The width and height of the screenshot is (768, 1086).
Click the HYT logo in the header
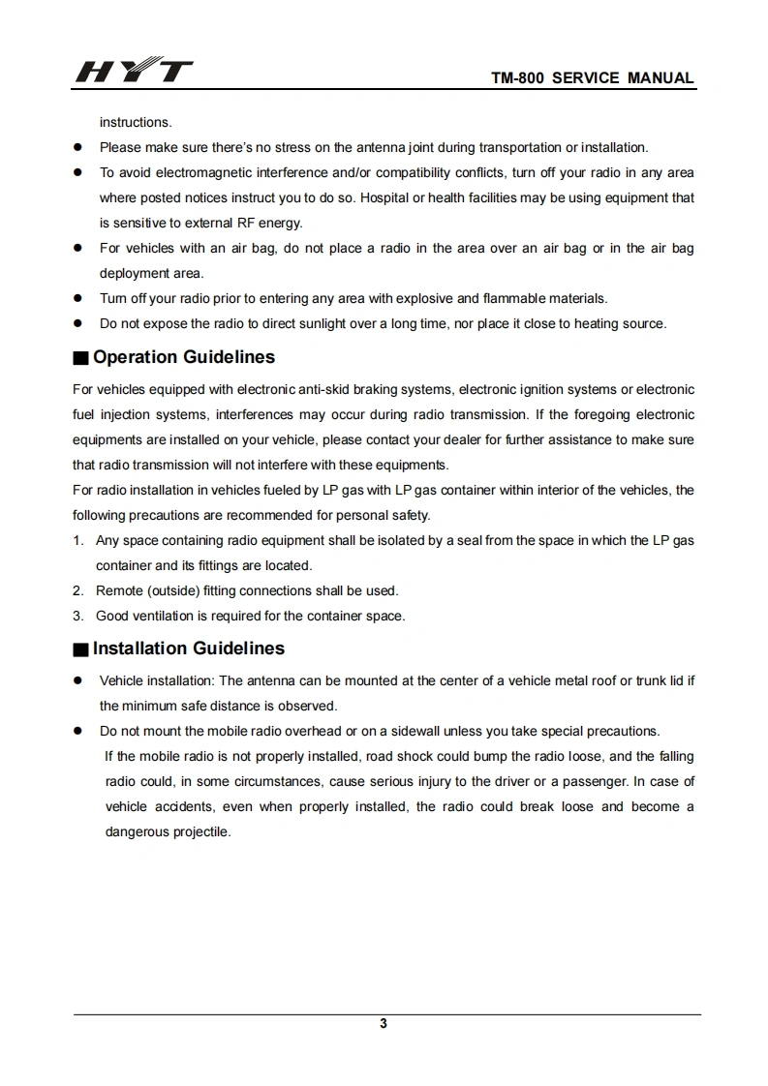coord(134,73)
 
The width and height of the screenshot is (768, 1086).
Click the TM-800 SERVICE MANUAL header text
coord(593,78)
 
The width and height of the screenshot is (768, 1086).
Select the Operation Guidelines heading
coord(184,357)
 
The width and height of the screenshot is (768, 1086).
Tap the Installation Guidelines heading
coord(189,649)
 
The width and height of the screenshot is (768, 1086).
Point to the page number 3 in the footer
coord(384,1024)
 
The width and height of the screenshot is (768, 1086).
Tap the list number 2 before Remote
coord(77,590)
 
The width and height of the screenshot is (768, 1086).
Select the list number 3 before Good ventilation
coord(77,616)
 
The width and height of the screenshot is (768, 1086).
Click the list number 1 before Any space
coord(77,540)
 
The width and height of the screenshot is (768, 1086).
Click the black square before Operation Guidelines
coord(80,358)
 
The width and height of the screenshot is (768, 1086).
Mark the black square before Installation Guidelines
coord(80,649)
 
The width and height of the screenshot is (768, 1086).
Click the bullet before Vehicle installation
coord(77,680)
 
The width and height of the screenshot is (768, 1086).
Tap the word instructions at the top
coord(136,122)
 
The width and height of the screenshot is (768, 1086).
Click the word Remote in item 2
coord(118,590)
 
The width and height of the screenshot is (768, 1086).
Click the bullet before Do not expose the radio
coord(77,323)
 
